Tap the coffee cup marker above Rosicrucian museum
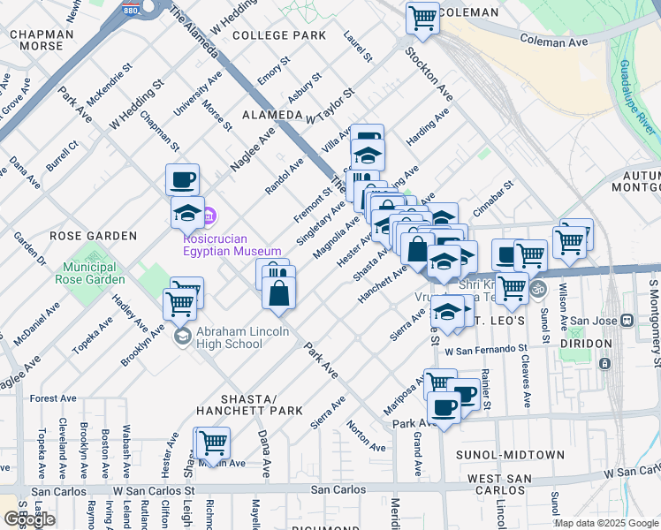[183, 179]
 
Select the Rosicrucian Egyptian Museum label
[232, 245]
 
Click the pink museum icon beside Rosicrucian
[210, 215]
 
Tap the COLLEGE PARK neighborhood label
[279, 35]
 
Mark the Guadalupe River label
[635, 97]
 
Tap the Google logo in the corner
[29, 519]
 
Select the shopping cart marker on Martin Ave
[212, 442]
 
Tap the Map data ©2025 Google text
[605, 523]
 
